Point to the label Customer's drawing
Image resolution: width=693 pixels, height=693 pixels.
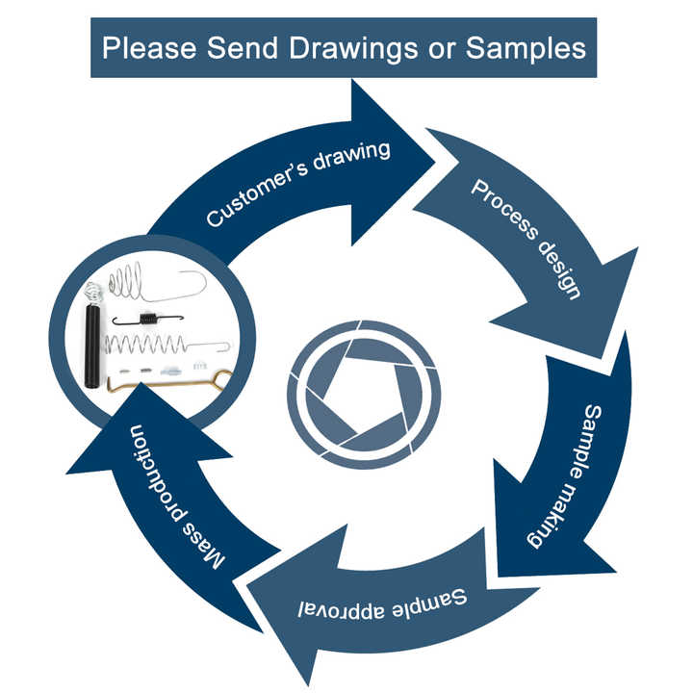(298, 183)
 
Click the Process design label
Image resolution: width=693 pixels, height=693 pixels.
(526, 237)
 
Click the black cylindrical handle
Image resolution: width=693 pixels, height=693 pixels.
(92, 346)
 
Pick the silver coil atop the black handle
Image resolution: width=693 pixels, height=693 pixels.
(92, 290)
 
